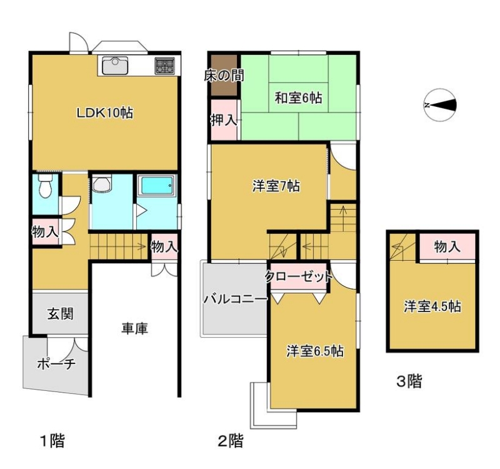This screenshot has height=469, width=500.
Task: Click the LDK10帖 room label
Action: [x=104, y=113]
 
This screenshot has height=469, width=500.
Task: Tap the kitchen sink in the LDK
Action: [x=115, y=66]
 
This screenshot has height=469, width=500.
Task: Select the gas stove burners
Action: [x=165, y=66]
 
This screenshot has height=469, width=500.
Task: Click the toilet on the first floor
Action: [x=44, y=186]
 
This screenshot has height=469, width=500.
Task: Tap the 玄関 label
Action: [x=61, y=314]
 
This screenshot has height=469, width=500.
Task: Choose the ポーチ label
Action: [x=57, y=364]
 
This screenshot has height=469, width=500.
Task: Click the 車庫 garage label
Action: [x=134, y=328]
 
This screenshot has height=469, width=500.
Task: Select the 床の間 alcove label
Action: [x=224, y=76]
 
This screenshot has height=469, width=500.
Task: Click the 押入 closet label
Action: [x=224, y=121]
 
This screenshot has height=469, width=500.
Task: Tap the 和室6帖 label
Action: [x=299, y=98]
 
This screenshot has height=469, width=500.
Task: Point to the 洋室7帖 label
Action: [x=276, y=186]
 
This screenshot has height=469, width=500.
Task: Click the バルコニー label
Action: [x=236, y=300]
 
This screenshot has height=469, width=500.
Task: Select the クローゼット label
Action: [x=299, y=276]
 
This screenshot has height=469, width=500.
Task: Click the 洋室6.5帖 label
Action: [x=315, y=351]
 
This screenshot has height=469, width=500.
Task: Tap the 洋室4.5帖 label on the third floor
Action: [x=432, y=306]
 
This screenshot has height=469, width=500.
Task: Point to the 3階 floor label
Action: [x=409, y=381]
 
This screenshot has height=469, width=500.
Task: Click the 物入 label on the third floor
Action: [x=447, y=247]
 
